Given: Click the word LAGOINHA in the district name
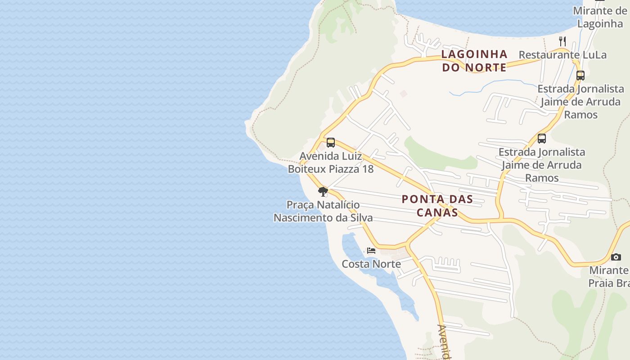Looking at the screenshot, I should pos(474,54).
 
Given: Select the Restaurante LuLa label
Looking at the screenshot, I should pos(562,55).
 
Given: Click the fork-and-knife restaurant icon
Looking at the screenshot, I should pos(562,41).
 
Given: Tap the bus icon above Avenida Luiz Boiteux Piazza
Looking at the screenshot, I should pos(331,143).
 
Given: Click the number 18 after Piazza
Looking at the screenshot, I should pos(368,169).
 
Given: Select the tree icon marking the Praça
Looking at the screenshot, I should pos(323,192).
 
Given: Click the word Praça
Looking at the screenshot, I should pos(300,205).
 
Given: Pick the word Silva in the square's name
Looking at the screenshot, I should pos(359,218).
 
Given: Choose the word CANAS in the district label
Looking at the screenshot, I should pos(437,212).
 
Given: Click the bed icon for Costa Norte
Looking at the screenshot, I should pos(371,250).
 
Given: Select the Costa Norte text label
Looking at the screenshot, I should pos(371,264).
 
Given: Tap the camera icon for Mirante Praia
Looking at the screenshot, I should pos(616,257).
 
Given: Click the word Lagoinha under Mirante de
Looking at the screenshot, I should pos(599,24).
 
